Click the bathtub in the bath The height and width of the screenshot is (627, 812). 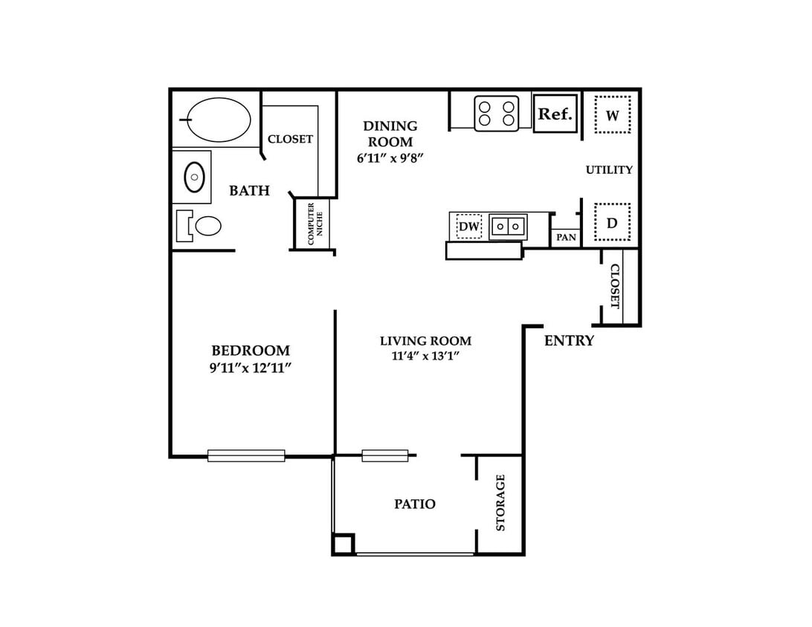click(x=219, y=120)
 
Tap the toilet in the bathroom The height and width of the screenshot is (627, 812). click(x=199, y=226)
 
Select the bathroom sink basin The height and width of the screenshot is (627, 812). click(x=194, y=177)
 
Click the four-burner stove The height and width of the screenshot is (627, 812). click(x=497, y=114)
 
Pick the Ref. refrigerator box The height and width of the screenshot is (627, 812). click(x=555, y=114)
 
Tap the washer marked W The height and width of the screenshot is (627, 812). click(x=612, y=115)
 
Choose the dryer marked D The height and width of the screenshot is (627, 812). click(x=612, y=222)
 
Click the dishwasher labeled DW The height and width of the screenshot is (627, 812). click(x=469, y=226)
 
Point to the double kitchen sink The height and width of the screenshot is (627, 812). click(x=508, y=227)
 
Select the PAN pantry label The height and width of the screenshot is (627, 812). click(x=566, y=238)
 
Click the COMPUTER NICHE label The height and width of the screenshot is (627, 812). click(x=315, y=224)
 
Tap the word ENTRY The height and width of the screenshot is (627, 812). click(x=569, y=340)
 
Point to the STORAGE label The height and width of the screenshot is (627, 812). click(x=500, y=502)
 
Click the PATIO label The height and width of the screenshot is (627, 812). click(x=415, y=504)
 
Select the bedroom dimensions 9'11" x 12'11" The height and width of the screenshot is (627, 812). click(x=251, y=368)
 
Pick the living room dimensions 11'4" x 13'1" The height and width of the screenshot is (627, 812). click(x=425, y=356)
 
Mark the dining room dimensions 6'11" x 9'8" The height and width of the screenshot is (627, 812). click(x=390, y=157)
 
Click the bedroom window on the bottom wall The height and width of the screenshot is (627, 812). click(x=246, y=456)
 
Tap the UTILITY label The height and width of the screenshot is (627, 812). click(x=609, y=169)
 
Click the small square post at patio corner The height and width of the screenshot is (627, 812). click(x=344, y=545)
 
